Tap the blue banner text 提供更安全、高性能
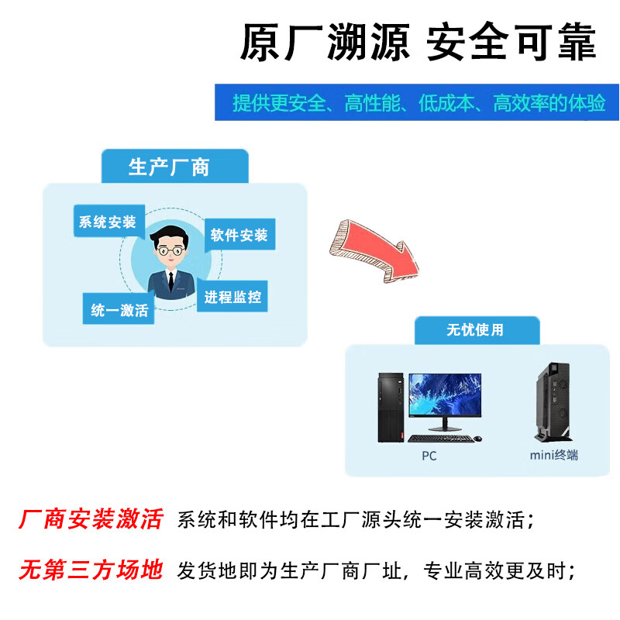coord(418,103)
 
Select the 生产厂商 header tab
coord(169,167)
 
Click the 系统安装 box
coord(107,222)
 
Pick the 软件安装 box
coord(239,235)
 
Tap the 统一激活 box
coord(119,310)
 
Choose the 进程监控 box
coord(232,297)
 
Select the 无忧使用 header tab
coord(475,329)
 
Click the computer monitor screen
coord(445,396)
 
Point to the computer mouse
coord(478,439)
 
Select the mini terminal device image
coord(553,403)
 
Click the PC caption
coord(429,456)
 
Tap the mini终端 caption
coord(553,456)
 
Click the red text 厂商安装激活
coord(91,519)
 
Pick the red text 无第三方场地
coord(91,571)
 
